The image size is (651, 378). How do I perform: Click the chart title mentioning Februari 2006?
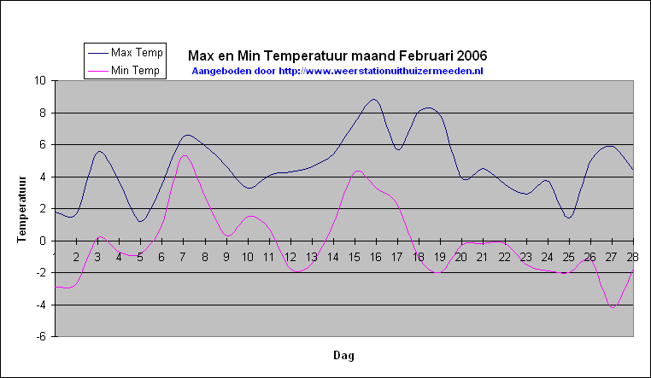point(337,55)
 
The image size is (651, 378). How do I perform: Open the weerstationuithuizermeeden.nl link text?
point(381,71)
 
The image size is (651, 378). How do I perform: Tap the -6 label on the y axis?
point(42,336)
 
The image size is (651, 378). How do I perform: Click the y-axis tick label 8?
point(43,113)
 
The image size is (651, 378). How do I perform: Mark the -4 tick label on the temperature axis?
point(42,305)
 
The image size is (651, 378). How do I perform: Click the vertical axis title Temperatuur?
point(21,209)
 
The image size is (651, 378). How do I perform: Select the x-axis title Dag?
point(343,355)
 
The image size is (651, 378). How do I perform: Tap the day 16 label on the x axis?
point(375,258)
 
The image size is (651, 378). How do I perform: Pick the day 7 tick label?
point(183,258)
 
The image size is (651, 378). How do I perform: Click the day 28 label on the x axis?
point(632,258)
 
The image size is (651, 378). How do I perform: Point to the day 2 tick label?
point(76,258)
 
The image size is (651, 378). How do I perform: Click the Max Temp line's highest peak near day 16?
point(373,99)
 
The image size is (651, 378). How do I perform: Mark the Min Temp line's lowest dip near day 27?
point(613,307)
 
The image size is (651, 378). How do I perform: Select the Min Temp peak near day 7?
point(185,155)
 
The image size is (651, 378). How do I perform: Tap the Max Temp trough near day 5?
point(140,221)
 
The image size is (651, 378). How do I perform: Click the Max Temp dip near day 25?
point(569,218)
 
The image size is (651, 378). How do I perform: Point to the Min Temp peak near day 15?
point(358,171)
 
